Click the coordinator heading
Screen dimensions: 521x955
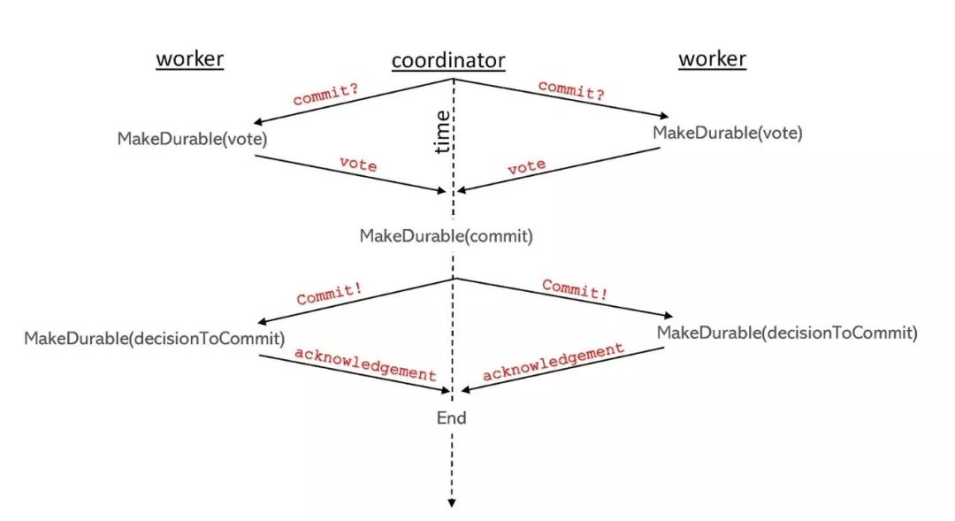tap(448, 61)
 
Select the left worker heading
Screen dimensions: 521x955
tap(189, 59)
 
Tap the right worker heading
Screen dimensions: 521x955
tap(712, 59)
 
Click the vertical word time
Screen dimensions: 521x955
tap(443, 133)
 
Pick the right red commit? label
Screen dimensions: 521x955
tap(571, 90)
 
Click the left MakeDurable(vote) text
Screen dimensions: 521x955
tap(192, 139)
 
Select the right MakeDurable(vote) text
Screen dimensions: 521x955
tap(727, 133)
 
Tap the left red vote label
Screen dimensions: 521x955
tap(357, 165)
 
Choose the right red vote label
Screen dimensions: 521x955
tap(526, 166)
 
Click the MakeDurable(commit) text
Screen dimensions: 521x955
tap(446, 236)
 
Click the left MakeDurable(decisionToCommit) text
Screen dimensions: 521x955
tap(154, 338)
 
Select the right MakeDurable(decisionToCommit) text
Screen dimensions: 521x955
tap(787, 333)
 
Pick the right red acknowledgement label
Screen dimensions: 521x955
tap(554, 362)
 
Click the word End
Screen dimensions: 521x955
tap(451, 418)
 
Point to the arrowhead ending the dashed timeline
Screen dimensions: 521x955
tap(452, 503)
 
